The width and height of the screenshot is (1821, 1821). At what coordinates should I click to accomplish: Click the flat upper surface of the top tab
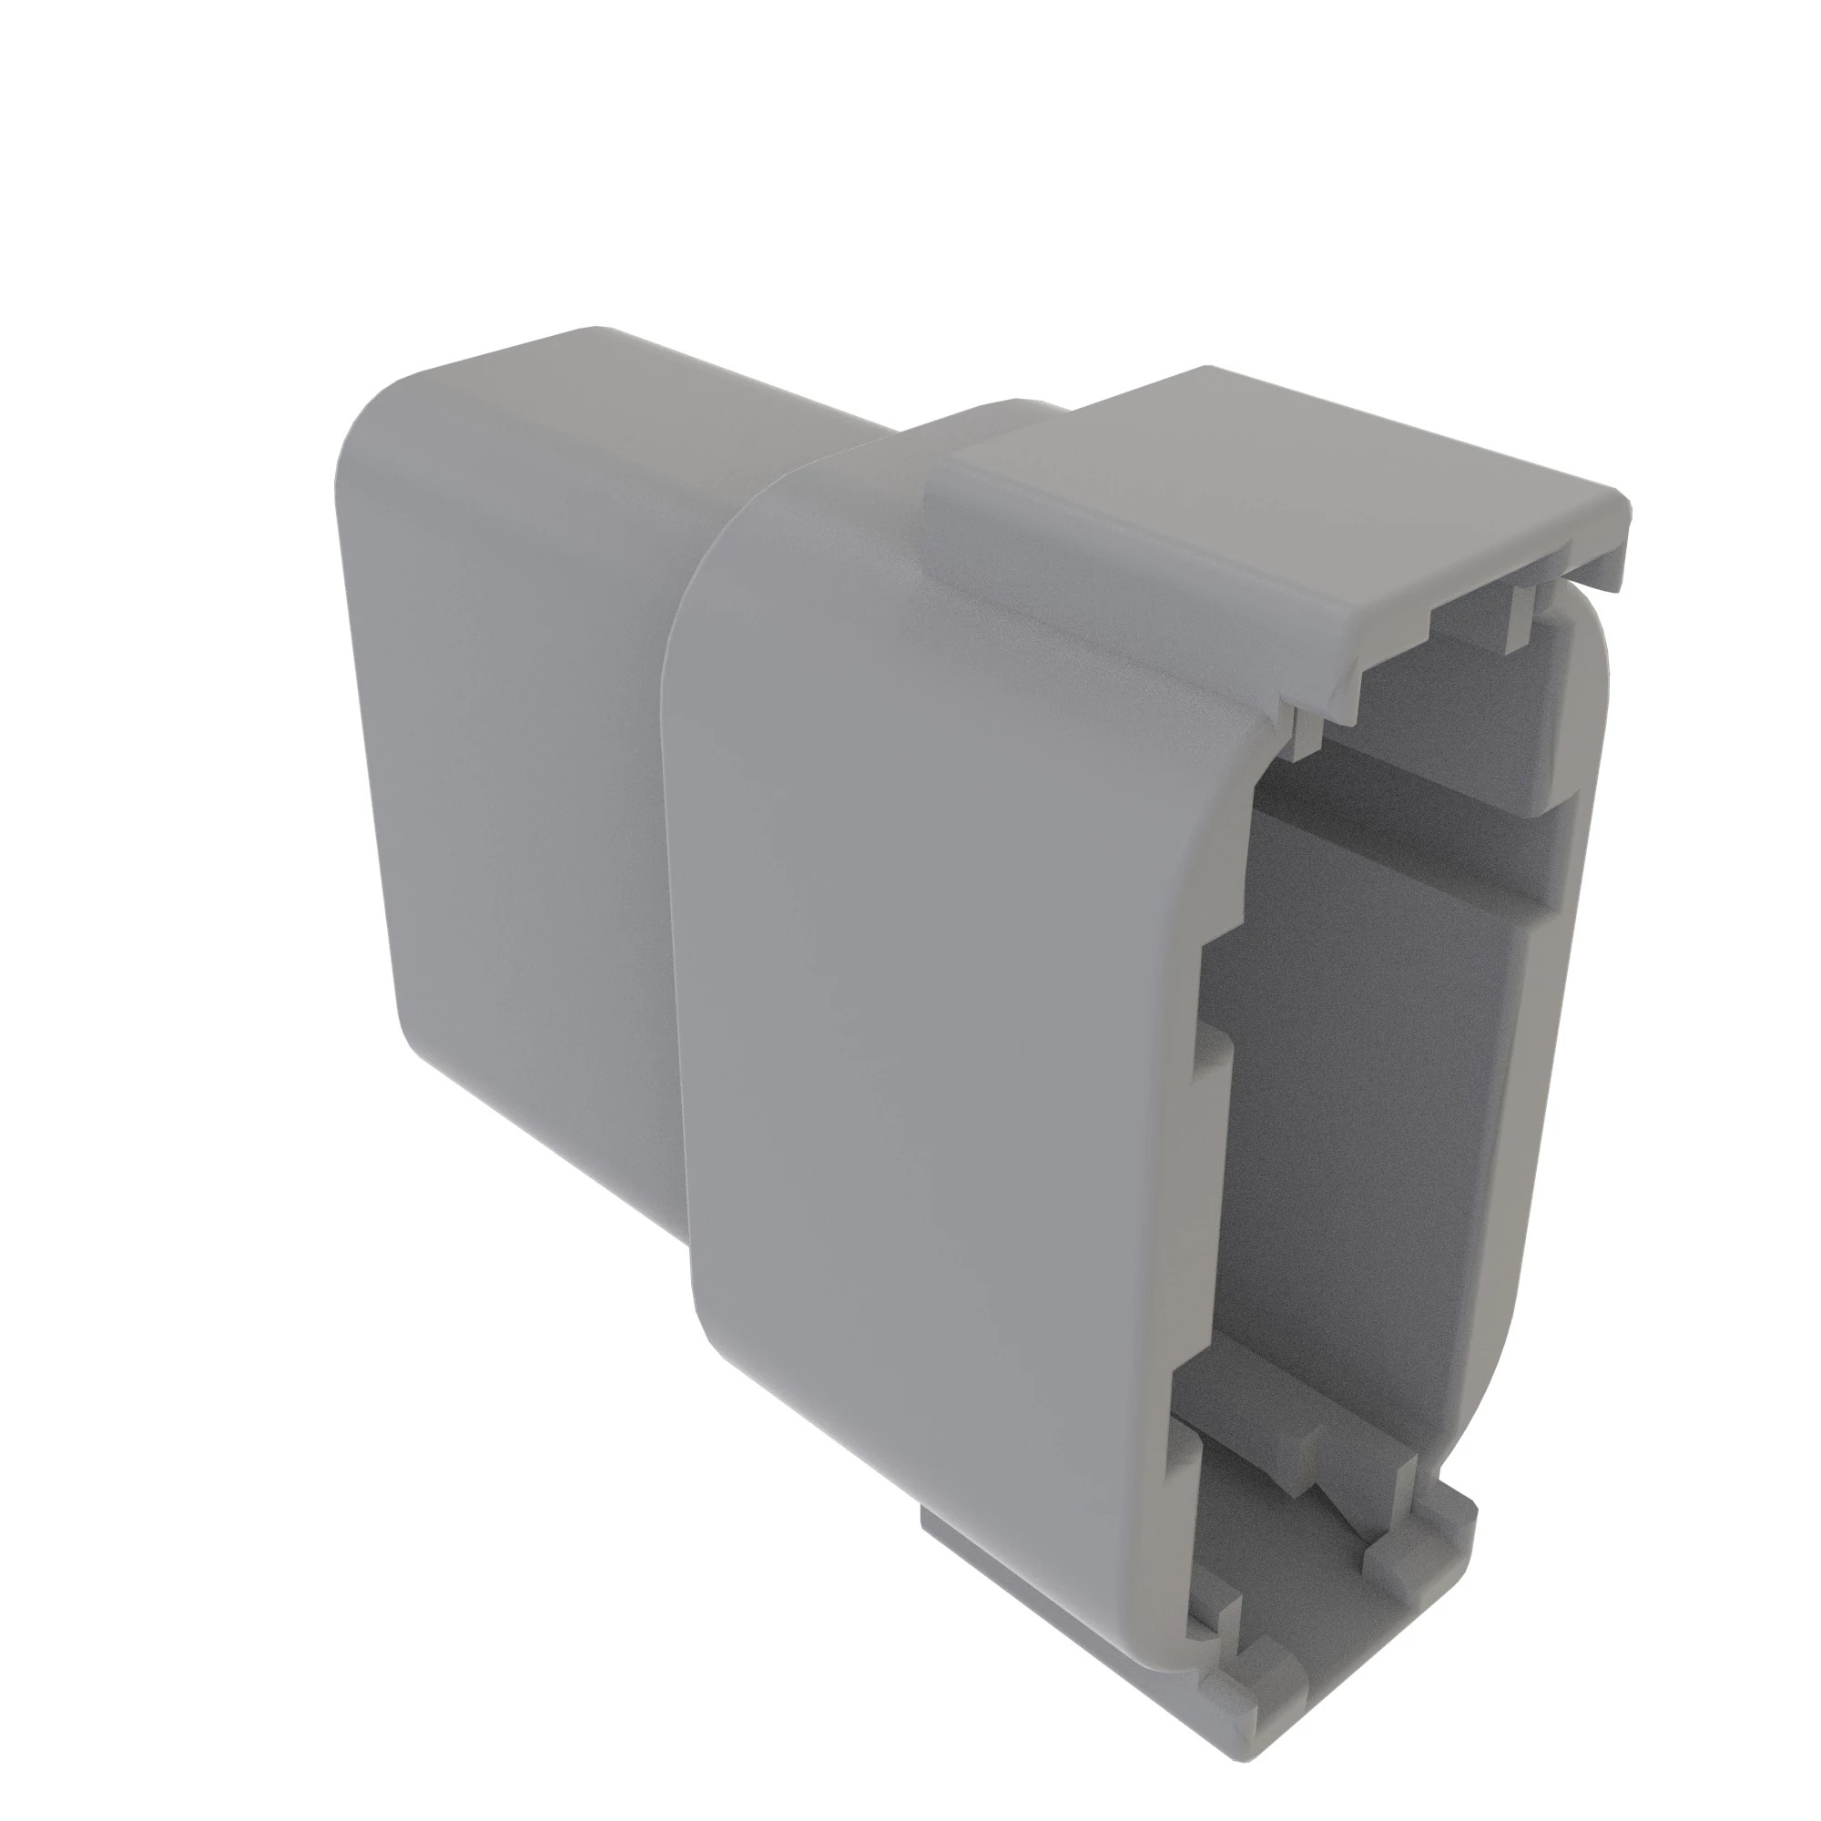[x=1254, y=490]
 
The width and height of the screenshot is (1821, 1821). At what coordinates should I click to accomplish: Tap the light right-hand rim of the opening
[x=1546, y=1037]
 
